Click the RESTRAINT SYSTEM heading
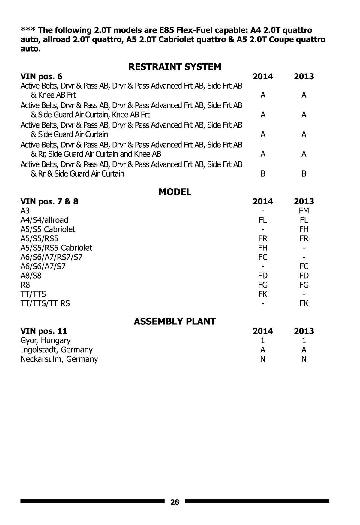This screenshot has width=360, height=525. tap(175, 67)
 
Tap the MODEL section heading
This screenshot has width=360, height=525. tap(175, 192)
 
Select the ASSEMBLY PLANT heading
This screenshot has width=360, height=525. tap(175, 321)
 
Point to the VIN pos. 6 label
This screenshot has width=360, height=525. tap(41, 76)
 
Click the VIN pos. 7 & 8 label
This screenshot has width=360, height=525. tap(49, 201)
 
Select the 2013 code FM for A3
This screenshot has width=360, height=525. tap(304, 211)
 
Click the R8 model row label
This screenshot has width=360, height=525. tap(25, 285)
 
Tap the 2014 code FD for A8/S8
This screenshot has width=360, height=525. tap(262, 276)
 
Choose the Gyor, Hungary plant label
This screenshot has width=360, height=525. tap(45, 340)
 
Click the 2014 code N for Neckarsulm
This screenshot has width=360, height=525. tap(262, 359)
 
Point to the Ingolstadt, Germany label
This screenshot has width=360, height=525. tap(56, 350)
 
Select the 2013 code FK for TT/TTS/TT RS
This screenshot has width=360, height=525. tap(304, 303)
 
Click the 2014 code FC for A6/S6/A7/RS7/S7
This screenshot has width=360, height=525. tap(262, 257)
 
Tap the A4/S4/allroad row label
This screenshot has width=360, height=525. tap(44, 220)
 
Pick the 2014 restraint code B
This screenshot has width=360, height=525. tap(263, 174)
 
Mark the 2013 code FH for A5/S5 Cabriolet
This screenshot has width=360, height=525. tap(304, 229)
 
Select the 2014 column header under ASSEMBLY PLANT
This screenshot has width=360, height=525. tap(262, 331)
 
